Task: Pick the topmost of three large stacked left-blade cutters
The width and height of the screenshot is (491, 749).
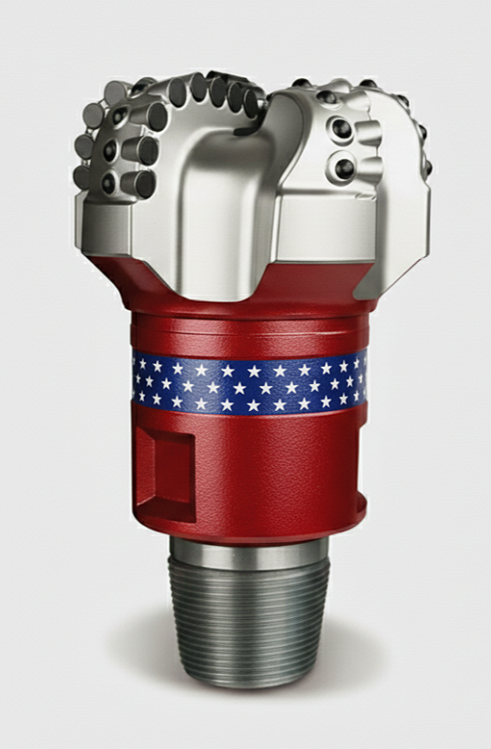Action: [x=148, y=116]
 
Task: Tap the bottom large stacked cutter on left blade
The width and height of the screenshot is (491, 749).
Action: [x=139, y=183]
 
